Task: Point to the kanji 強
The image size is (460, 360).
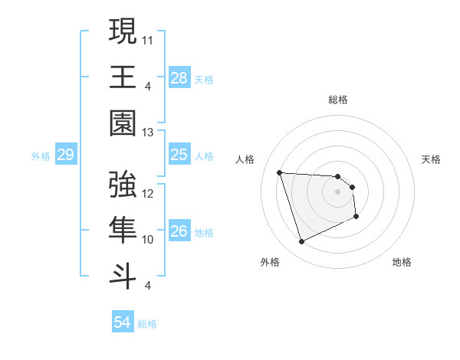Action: pos(123,185)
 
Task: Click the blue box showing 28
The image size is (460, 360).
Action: pos(179,77)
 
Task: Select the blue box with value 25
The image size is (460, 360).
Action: pos(179,155)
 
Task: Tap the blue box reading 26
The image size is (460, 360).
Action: pos(179,231)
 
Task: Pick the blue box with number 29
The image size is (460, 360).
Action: pos(65,155)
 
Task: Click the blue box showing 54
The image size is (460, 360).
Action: pos(123,323)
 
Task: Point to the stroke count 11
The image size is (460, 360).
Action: pos(149,39)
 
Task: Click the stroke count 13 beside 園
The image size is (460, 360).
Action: pos(149,133)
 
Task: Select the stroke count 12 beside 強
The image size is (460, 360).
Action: pos(149,194)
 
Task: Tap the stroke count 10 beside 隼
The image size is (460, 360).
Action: pos(149,240)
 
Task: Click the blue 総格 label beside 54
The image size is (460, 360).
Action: pos(147,324)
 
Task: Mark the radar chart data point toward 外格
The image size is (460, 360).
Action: pos(301,242)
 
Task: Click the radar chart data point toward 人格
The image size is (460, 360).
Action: pos(280,172)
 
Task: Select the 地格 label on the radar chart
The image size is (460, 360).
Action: pos(402,262)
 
